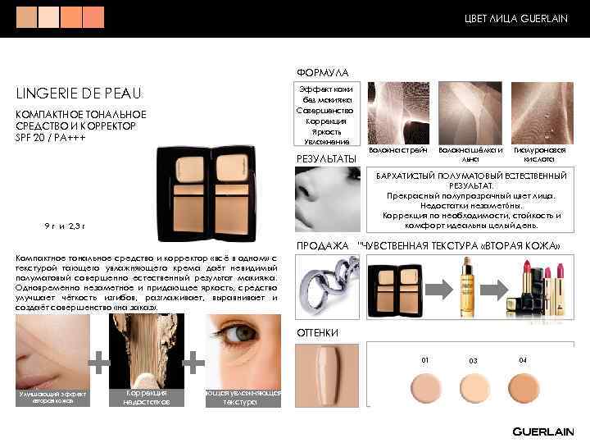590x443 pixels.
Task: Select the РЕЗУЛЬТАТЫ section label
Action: pos(325,158)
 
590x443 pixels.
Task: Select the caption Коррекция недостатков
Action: pos(147,398)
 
